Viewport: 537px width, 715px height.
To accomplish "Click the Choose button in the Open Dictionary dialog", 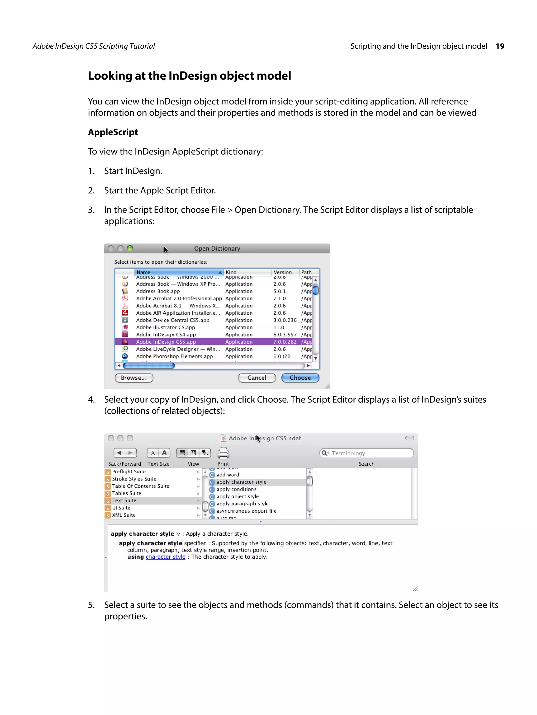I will (x=300, y=378).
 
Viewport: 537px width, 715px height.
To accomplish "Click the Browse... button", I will (x=134, y=378).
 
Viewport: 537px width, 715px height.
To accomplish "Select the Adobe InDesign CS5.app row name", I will (x=166, y=342).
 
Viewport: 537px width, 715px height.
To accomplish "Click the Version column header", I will (x=283, y=272).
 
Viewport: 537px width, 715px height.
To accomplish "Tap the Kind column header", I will (x=231, y=272).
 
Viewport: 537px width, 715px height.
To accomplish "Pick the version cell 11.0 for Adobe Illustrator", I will (x=278, y=328).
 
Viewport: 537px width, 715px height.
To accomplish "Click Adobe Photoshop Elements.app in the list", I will (x=174, y=356).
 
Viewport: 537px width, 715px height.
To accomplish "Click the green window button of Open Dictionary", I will (x=130, y=248).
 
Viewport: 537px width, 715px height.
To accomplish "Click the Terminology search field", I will (x=369, y=453).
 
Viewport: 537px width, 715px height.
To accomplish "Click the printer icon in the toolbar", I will (x=223, y=453).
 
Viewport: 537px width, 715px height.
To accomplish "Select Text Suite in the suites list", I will (x=124, y=500).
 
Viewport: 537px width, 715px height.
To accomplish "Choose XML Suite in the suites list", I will (x=124, y=515).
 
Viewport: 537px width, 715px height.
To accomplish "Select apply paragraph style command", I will (x=243, y=504).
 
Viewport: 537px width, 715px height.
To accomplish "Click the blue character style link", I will (x=165, y=557).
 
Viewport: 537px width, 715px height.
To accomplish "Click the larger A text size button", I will (x=164, y=453).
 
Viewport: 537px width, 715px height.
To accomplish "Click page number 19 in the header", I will (x=500, y=46).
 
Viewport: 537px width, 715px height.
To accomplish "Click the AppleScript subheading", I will (x=113, y=132).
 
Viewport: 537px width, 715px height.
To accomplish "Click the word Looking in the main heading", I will (x=109, y=76).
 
